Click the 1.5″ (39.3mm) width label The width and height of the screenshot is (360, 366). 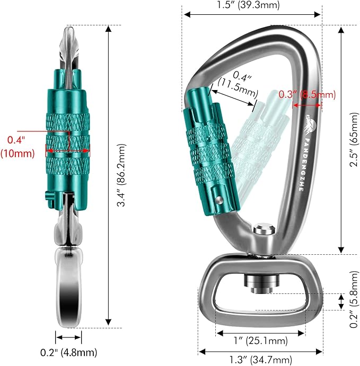click(x=251, y=6)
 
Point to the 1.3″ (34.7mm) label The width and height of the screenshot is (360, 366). click(x=260, y=361)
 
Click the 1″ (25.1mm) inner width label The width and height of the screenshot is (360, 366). click(x=260, y=341)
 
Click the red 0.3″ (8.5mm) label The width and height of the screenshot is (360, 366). click(x=307, y=95)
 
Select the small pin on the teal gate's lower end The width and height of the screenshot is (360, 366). click(x=218, y=200)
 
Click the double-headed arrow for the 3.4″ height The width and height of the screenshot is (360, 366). click(x=109, y=174)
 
